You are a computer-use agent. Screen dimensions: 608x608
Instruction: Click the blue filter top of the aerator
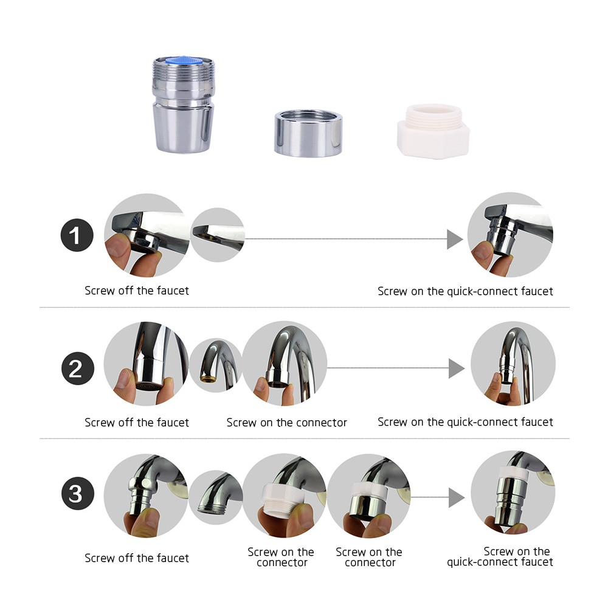pos(183,61)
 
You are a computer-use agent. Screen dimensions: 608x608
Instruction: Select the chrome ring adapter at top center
pos(308,133)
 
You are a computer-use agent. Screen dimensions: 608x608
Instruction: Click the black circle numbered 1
pos(77,236)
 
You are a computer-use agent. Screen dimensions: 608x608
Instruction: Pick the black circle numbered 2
pos(77,368)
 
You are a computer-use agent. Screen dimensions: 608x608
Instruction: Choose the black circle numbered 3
pos(77,494)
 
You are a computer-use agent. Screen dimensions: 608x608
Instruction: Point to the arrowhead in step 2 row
pos(457,368)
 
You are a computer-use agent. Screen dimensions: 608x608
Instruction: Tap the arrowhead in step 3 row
pos(456,497)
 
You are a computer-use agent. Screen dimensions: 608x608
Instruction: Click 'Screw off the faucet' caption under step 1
pos(137,291)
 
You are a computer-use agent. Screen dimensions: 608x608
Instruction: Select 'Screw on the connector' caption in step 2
pos(286,423)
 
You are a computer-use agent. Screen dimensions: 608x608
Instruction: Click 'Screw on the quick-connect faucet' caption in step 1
pos(465,291)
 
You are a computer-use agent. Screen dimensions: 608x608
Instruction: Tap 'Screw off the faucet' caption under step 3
pos(137,558)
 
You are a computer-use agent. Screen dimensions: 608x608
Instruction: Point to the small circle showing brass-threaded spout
pos(214,365)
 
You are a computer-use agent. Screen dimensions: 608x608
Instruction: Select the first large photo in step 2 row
pos(145,364)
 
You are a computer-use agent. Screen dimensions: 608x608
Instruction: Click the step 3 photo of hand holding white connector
pos(283,496)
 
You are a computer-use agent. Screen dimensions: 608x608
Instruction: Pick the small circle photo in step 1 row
pos(217,235)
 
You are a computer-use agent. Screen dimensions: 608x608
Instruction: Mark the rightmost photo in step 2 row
pos(513,364)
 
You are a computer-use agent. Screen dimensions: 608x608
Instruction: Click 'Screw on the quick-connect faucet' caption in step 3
pos(500,557)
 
